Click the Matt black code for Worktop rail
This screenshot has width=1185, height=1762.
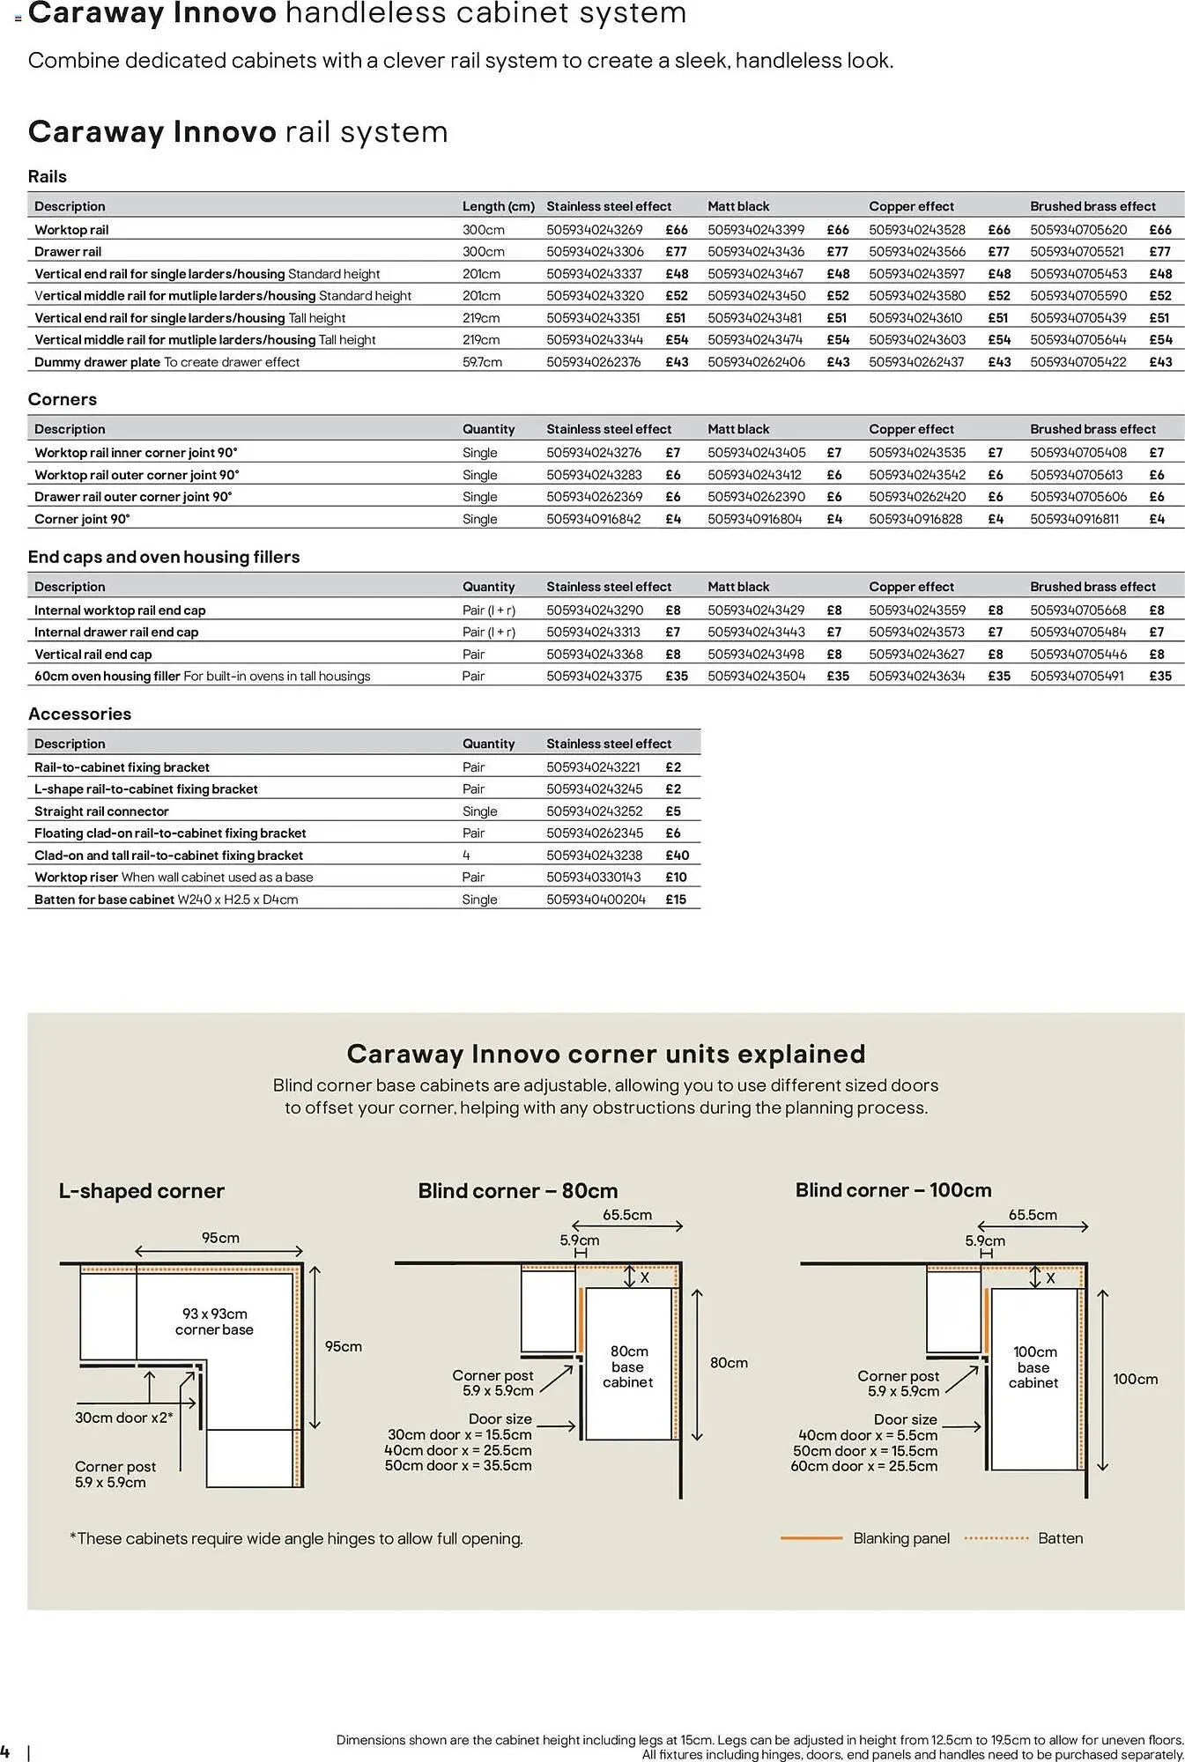(755, 230)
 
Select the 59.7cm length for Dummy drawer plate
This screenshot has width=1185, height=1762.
(482, 362)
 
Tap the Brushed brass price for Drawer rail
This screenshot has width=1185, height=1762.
(1160, 252)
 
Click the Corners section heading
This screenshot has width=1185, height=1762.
(63, 399)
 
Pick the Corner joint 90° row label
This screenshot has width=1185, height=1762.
(82, 519)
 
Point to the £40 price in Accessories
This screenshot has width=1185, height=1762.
(677, 855)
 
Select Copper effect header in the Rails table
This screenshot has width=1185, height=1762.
(911, 206)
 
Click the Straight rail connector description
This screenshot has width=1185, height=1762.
(101, 811)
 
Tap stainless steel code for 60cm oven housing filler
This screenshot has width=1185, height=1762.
(594, 677)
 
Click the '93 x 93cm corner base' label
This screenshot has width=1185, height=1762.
(214, 1321)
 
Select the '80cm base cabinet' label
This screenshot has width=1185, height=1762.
(628, 1366)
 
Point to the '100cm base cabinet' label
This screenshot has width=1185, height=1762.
(1033, 1367)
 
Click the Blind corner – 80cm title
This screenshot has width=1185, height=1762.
(517, 1191)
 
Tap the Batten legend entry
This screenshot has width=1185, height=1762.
(1060, 1538)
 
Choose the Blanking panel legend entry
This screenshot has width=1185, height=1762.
(900, 1538)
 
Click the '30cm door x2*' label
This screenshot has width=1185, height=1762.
(123, 1418)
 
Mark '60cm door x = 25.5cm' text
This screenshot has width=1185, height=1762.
(863, 1466)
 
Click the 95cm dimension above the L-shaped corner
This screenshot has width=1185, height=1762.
(220, 1238)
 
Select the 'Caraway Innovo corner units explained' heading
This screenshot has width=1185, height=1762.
(606, 1054)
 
